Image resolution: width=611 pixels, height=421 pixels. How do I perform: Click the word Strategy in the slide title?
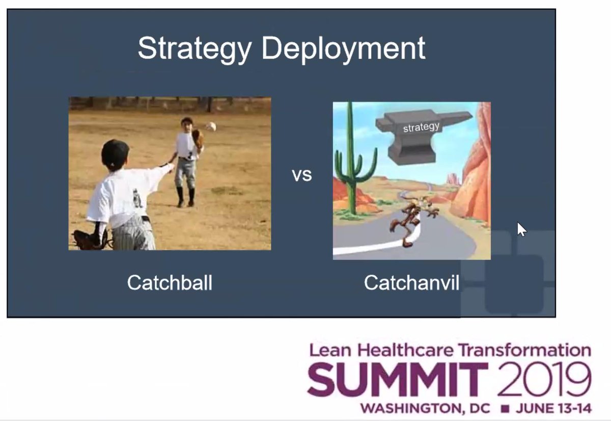coord(195,49)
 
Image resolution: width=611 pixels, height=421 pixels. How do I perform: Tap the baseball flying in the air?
coord(211,126)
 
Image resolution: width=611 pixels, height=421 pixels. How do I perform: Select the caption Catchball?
coord(170,283)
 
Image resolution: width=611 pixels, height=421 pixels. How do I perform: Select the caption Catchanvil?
coord(411,283)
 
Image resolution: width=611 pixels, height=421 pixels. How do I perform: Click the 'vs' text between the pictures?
coord(301,176)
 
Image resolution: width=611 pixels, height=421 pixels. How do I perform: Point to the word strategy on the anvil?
coord(421,127)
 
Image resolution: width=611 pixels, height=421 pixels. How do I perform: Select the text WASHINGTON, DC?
coord(425,409)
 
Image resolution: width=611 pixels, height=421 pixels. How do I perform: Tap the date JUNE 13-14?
coord(553,409)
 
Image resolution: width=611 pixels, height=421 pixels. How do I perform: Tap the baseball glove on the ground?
coord(90,239)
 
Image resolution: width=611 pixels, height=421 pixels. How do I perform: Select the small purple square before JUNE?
coord(504,409)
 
